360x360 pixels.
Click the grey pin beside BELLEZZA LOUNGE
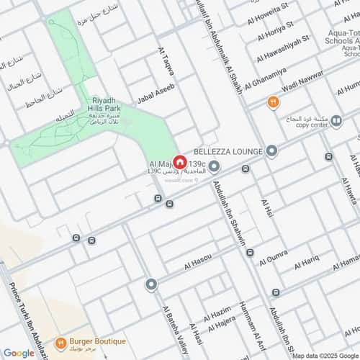[x=271, y=150]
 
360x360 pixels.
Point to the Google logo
[x=18, y=353]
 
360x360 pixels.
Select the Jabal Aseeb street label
[x=156, y=94]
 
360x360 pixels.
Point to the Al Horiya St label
[x=269, y=28]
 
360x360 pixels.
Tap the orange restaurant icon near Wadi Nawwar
[x=273, y=102]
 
